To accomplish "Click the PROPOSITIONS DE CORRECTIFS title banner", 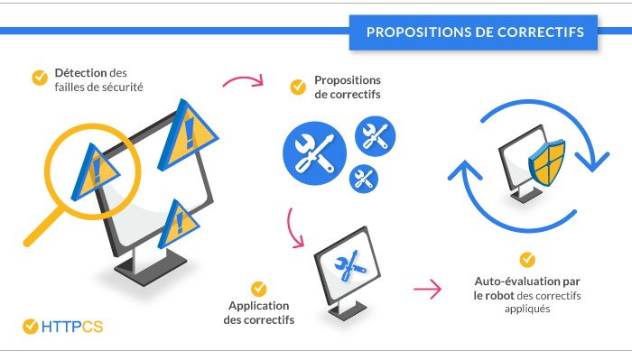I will [475, 32].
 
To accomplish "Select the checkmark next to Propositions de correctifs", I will [297, 87].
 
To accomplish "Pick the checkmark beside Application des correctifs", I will [258, 289].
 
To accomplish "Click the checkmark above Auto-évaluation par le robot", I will [527, 258].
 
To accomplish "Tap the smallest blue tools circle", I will [365, 177].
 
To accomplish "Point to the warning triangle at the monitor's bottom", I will [180, 220].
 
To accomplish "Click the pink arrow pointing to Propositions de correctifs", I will [242, 82].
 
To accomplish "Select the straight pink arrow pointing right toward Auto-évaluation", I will [427, 290].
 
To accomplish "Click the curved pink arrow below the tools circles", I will [294, 229].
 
